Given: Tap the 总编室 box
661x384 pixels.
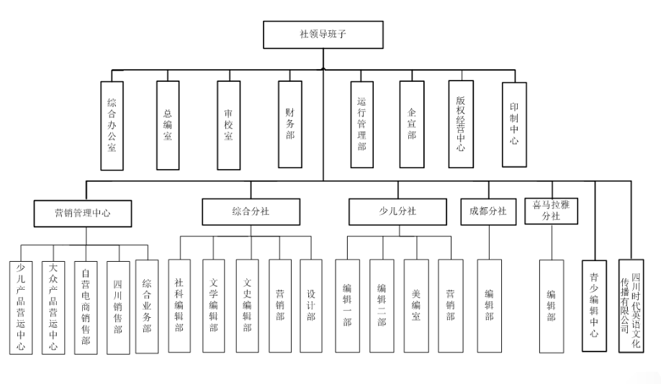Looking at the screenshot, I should pos(167,124).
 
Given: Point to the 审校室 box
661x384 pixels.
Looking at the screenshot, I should pos(228,124).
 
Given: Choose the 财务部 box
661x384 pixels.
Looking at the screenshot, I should pos(289,124).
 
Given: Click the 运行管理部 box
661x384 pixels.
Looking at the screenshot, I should pos(361,124).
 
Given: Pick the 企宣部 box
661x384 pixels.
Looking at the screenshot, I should pos(412,124).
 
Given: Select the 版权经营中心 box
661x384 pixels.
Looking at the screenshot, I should pos(461,124).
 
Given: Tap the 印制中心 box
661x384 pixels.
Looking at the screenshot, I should pos(514,124).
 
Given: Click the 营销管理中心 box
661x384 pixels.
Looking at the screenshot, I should pos(83,213).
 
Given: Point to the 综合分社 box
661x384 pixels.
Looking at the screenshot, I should pos(251,211).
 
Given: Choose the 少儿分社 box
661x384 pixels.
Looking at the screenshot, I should pos(397,211).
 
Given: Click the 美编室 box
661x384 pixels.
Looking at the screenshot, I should pos(416,305).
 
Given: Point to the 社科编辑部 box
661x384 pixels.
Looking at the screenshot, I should pos(180,305).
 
